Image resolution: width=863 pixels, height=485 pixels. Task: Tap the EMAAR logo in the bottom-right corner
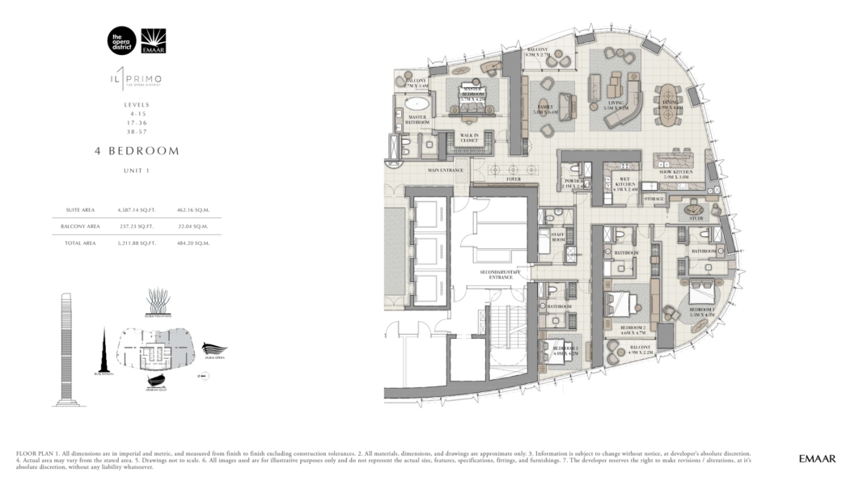[x=815, y=458]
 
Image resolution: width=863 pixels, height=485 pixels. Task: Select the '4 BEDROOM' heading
[x=136, y=150]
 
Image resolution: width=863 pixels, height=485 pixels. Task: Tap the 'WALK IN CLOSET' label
[x=469, y=137]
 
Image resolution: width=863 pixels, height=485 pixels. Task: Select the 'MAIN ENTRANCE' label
[x=446, y=171]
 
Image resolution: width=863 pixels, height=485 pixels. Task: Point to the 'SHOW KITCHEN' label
[x=676, y=174]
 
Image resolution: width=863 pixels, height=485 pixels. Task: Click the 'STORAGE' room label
[x=654, y=198]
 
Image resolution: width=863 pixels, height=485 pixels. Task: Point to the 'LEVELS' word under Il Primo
[x=136, y=105]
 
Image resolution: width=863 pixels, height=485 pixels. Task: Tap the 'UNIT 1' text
[x=136, y=171]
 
